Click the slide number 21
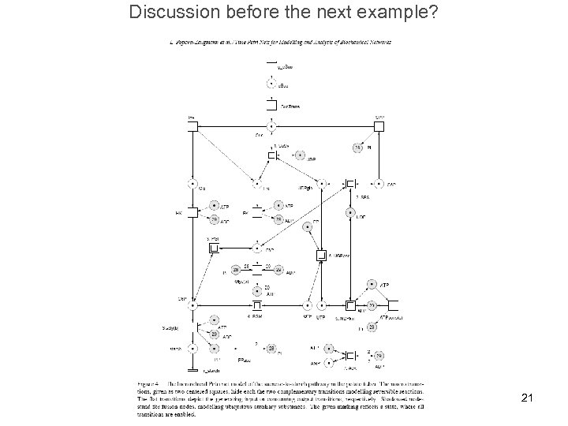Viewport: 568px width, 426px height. click(x=528, y=399)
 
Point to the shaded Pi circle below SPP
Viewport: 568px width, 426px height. click(x=357, y=148)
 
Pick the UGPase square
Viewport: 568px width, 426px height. click(x=320, y=255)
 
